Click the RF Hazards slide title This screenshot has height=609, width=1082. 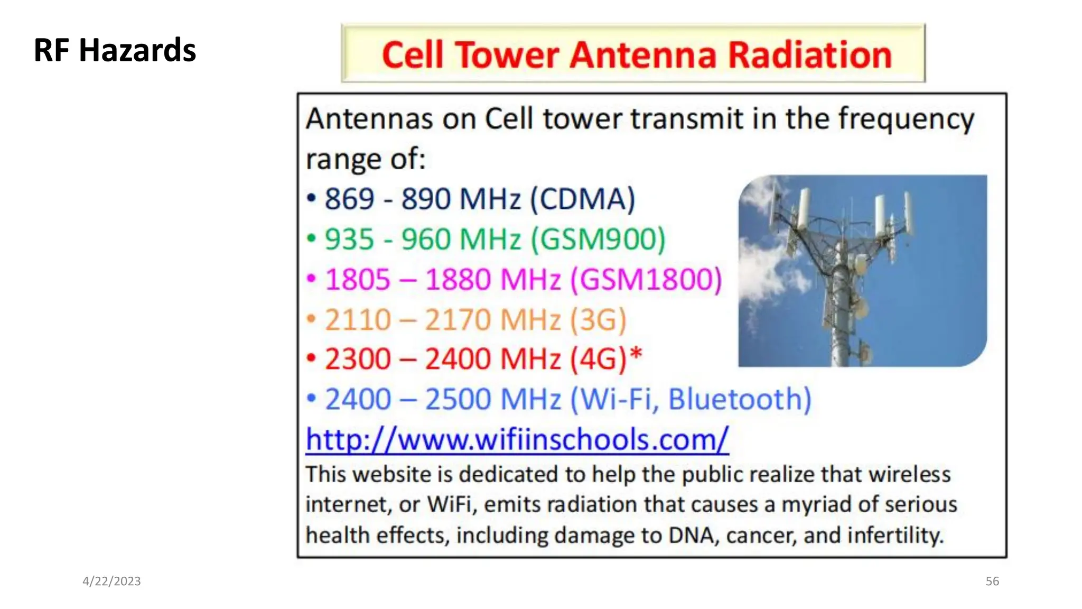pyautogui.click(x=115, y=50)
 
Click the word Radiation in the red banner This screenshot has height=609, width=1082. pyautogui.click(x=810, y=55)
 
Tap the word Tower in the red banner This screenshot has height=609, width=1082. pyautogui.click(x=507, y=55)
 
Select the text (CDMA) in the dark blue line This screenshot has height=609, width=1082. pyautogui.click(x=582, y=199)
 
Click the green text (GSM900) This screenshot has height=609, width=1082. pyautogui.click(x=598, y=239)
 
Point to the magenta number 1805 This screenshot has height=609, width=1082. pyautogui.click(x=357, y=279)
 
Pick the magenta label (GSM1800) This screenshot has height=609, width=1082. pyautogui.click(x=646, y=279)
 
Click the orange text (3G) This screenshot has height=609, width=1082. pyautogui.click(x=598, y=319)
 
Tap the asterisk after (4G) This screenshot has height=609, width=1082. pyautogui.click(x=636, y=354)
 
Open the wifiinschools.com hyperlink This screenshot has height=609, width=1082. pyautogui.click(x=517, y=439)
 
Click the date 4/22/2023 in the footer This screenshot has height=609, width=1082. pyautogui.click(x=111, y=581)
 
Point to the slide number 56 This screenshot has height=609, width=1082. pyautogui.click(x=992, y=581)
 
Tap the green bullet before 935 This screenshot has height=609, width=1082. pyautogui.click(x=311, y=239)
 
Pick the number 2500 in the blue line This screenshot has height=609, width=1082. pyautogui.click(x=459, y=399)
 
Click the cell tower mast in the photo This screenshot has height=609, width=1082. pyautogui.click(x=840, y=307)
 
